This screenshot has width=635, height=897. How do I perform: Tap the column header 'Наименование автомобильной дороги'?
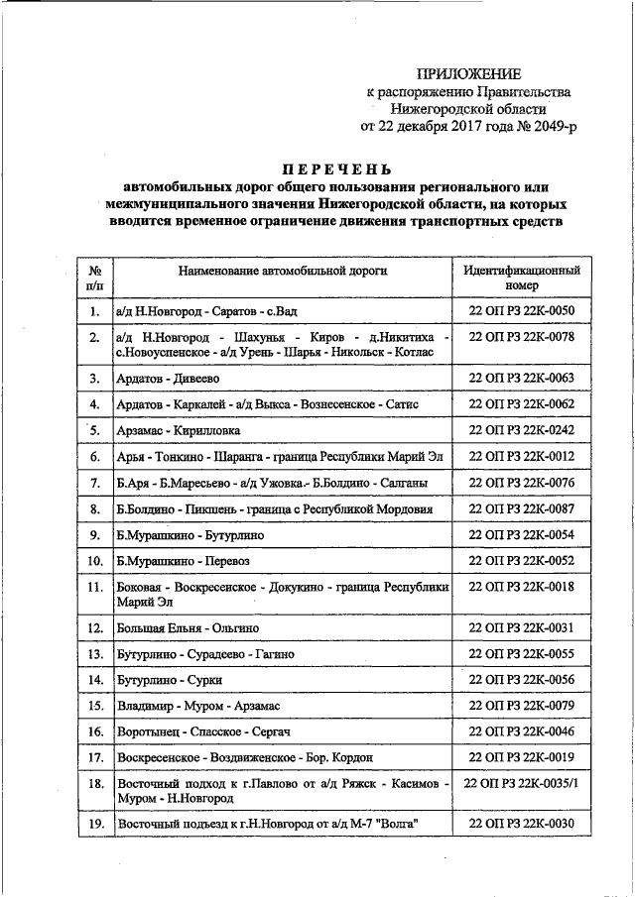[283, 270]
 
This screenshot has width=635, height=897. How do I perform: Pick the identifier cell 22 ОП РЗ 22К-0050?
[521, 311]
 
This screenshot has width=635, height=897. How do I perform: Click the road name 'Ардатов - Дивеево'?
[166, 379]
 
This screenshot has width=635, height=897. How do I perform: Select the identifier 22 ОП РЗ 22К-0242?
[521, 430]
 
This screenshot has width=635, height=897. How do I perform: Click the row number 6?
[94, 457]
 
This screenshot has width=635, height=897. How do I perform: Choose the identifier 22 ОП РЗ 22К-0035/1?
[521, 783]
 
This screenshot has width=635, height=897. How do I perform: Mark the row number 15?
[94, 706]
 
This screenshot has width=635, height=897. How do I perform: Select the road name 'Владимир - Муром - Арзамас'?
[199, 706]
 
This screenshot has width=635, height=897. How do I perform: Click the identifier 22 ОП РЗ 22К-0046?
[521, 730]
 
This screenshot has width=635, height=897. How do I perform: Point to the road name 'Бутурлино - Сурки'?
[169, 680]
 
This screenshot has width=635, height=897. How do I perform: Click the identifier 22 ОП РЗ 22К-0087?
[521, 508]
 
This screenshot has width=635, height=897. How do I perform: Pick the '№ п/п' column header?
[94, 277]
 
